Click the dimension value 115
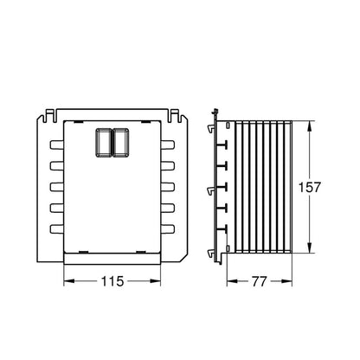pyautogui.click(x=112, y=281)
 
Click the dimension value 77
pyautogui.click(x=260, y=281)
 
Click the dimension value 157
pyautogui.click(x=309, y=187)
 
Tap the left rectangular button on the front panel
pyautogui.click(x=103, y=143)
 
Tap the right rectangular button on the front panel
pyautogui.click(x=120, y=143)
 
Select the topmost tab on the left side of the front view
pyautogui.click(x=56, y=145)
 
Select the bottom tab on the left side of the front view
pyautogui.click(x=56, y=229)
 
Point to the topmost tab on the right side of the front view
pyautogui.click(x=168, y=145)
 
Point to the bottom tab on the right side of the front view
pyautogui.click(x=168, y=229)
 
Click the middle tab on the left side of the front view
pyautogui.click(x=56, y=187)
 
